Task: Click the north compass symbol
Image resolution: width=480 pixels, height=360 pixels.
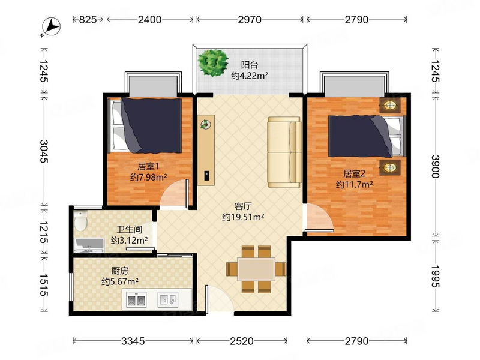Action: click(51, 26)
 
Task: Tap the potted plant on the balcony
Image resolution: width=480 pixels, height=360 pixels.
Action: click(213, 62)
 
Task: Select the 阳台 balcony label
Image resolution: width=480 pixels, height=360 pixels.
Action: click(250, 65)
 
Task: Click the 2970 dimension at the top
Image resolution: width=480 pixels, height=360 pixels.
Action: click(250, 20)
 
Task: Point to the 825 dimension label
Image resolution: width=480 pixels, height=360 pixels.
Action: click(88, 20)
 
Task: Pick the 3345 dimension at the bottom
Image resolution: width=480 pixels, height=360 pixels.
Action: click(133, 341)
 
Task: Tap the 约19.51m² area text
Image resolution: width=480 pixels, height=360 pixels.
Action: click(243, 217)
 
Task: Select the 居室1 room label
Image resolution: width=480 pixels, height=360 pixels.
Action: click(148, 167)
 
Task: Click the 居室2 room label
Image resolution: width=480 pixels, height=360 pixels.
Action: click(354, 174)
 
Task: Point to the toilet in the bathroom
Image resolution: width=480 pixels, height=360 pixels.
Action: click(81, 220)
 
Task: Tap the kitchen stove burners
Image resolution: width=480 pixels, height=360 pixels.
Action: click(136, 300)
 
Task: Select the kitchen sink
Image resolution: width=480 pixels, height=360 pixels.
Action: click(168, 299)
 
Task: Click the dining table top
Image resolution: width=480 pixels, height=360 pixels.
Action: click(256, 269)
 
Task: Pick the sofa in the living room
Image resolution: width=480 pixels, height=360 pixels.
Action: click(284, 152)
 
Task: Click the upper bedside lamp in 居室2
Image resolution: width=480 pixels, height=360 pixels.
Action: click(389, 106)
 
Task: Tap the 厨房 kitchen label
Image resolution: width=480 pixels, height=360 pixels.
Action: click(119, 271)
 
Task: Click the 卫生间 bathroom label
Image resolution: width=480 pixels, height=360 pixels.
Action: click(129, 230)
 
